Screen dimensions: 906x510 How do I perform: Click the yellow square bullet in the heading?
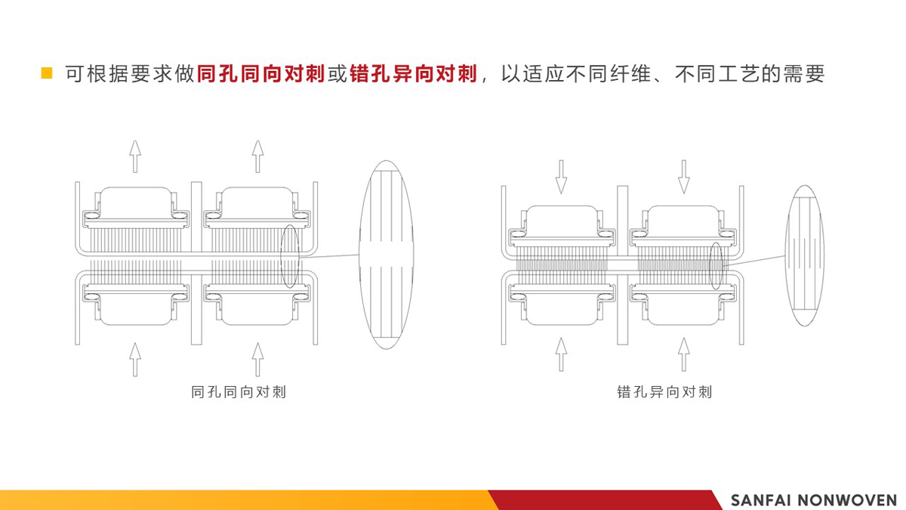47,73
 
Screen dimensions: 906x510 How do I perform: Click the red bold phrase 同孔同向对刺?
261,74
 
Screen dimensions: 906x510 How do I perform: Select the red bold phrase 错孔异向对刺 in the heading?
414,74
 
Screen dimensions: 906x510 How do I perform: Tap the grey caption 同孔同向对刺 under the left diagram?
239,392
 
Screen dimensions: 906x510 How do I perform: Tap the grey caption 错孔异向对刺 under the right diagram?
664,392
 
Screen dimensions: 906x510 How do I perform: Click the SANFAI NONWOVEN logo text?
814,500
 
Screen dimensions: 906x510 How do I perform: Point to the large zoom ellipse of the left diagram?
387,255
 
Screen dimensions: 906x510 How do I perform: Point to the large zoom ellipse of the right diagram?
805,255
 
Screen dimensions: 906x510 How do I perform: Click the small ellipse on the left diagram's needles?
290,257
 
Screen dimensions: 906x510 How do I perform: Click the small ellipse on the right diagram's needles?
716,266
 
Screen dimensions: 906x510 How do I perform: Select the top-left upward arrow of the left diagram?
135,156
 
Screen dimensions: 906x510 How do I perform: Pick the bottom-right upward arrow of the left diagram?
257,360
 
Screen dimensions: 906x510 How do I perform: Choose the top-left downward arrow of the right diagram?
561,177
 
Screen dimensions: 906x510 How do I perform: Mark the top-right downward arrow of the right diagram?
683,177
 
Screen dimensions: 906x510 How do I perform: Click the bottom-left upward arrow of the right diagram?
561,354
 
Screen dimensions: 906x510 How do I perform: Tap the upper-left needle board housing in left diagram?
135,208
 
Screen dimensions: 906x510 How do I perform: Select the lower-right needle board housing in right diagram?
683,304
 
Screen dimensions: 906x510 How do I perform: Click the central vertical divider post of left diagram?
196,263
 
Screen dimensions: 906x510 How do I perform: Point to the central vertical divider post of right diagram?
622,265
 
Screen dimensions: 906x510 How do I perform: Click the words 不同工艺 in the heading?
718,74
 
